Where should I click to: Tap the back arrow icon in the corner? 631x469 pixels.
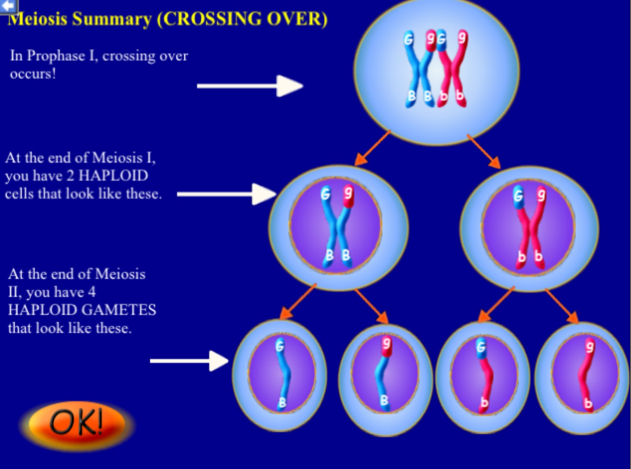pos(9,6)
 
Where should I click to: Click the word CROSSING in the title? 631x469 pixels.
pos(212,19)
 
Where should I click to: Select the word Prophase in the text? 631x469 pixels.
pos(56,56)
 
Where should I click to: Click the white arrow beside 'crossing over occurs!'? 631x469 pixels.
pos(250,86)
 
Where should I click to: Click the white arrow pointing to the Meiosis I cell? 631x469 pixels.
pos(226,194)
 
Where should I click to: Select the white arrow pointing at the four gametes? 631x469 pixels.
pos(189,361)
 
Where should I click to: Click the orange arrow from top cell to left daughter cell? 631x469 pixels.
pos(372,148)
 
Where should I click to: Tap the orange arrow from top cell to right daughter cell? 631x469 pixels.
pos(484,151)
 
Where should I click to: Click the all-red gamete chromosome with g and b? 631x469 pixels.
pos(586,375)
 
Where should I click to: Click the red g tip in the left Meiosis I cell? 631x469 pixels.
pos(348,196)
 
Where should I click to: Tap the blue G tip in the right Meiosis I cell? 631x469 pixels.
pos(518,197)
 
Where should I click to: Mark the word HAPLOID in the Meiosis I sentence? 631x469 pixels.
pos(113,176)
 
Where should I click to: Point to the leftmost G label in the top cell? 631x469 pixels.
pos(409,39)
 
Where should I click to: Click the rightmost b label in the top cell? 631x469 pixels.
pos(460,95)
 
